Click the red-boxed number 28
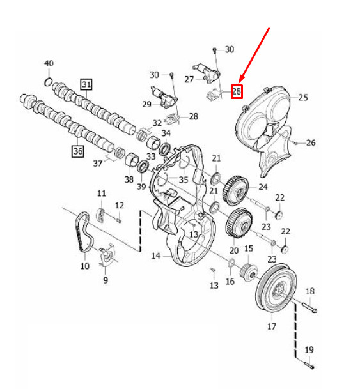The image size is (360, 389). [x=237, y=91]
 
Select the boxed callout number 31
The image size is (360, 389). [x=86, y=84]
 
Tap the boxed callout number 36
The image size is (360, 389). [x=77, y=151]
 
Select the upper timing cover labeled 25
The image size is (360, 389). [x=265, y=121]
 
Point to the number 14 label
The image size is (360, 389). [x=155, y=256]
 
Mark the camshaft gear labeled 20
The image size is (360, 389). [x=237, y=224]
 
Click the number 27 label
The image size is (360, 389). [x=189, y=80]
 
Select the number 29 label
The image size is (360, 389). [x=146, y=104]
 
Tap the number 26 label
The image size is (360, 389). [x=310, y=142]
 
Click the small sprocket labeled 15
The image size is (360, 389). [x=247, y=270]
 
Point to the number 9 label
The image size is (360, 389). [x=105, y=279]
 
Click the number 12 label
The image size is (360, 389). [x=119, y=204]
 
